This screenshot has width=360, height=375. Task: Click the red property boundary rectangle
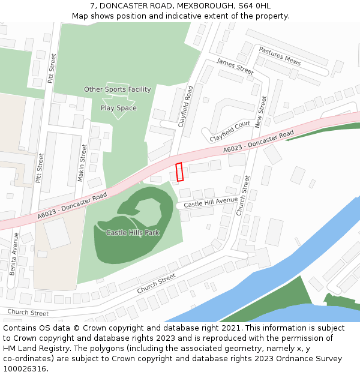coord(179,172)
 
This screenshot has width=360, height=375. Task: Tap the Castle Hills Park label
coord(133,232)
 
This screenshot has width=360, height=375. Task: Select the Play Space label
coord(118,108)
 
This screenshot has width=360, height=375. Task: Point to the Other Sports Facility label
coord(117,89)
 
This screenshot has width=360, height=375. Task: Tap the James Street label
coord(235,66)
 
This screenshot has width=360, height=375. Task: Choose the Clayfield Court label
coord(230,131)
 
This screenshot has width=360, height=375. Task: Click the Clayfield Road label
coord(186,106)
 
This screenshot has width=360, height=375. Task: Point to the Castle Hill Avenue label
coord(211,203)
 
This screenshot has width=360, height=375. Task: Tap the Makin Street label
coord(83,163)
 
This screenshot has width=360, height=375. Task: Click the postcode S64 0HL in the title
coord(254,6)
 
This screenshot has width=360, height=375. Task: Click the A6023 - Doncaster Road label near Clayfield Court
coord(259,141)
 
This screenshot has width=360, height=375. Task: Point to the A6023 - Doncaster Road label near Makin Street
coord(72,205)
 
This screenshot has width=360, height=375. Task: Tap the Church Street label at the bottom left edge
coord(28,313)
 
